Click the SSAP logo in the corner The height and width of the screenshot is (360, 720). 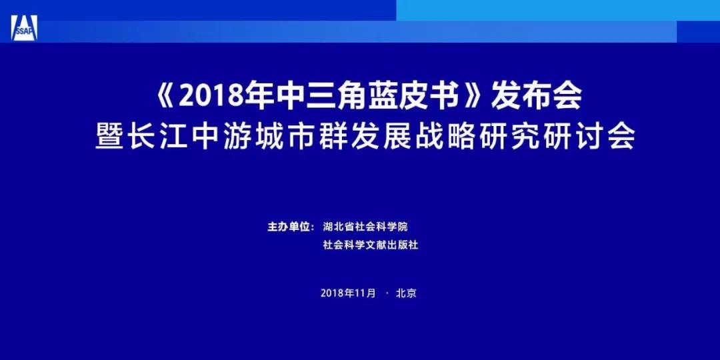point(25,27)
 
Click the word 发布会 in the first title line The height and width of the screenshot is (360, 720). point(536,97)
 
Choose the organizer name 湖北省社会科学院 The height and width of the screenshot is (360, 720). point(365,227)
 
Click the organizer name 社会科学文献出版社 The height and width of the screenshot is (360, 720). point(370,245)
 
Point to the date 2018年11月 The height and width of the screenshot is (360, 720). point(348,293)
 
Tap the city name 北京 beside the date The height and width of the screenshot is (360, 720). point(406,293)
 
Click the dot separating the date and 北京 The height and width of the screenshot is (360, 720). point(385,293)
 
